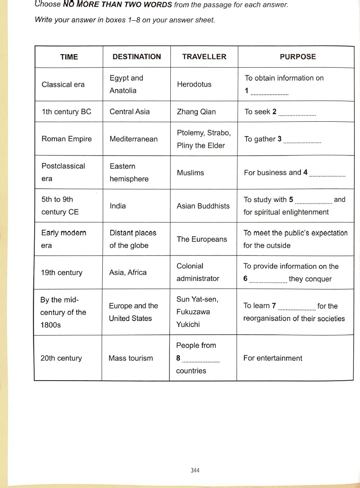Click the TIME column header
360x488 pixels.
69,57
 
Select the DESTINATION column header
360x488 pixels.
137,57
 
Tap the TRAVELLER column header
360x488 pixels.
204,57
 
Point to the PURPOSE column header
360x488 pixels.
298,57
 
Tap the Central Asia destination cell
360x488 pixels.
130,112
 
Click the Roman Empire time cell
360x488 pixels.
66,139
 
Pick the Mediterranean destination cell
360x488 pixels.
134,139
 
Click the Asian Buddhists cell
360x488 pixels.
203,206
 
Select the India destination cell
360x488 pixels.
118,206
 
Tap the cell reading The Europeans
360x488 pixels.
202,239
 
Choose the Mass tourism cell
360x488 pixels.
131,359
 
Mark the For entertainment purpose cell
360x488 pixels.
273,359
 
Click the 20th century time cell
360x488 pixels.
61,359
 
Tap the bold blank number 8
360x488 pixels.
178,359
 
